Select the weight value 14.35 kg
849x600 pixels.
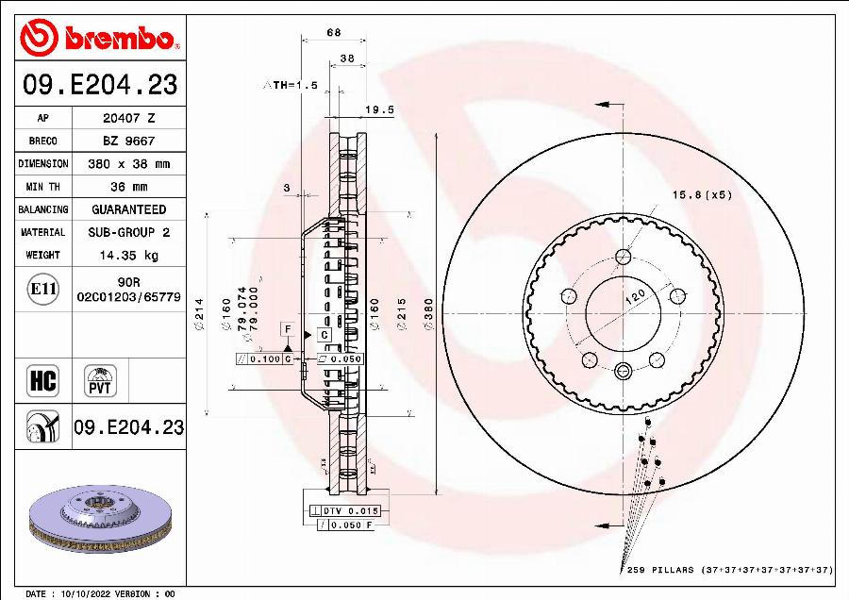point(128,255)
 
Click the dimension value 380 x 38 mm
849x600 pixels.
point(128,164)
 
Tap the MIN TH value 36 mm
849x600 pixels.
point(128,187)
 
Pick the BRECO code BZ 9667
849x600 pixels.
point(128,142)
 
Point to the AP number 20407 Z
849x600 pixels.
point(128,119)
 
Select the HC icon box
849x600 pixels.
point(43,381)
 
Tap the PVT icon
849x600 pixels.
point(100,380)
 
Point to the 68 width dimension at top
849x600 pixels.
point(333,33)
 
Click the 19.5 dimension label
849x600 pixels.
point(378,109)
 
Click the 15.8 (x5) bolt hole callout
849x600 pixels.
point(701,194)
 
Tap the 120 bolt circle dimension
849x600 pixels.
point(636,297)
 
